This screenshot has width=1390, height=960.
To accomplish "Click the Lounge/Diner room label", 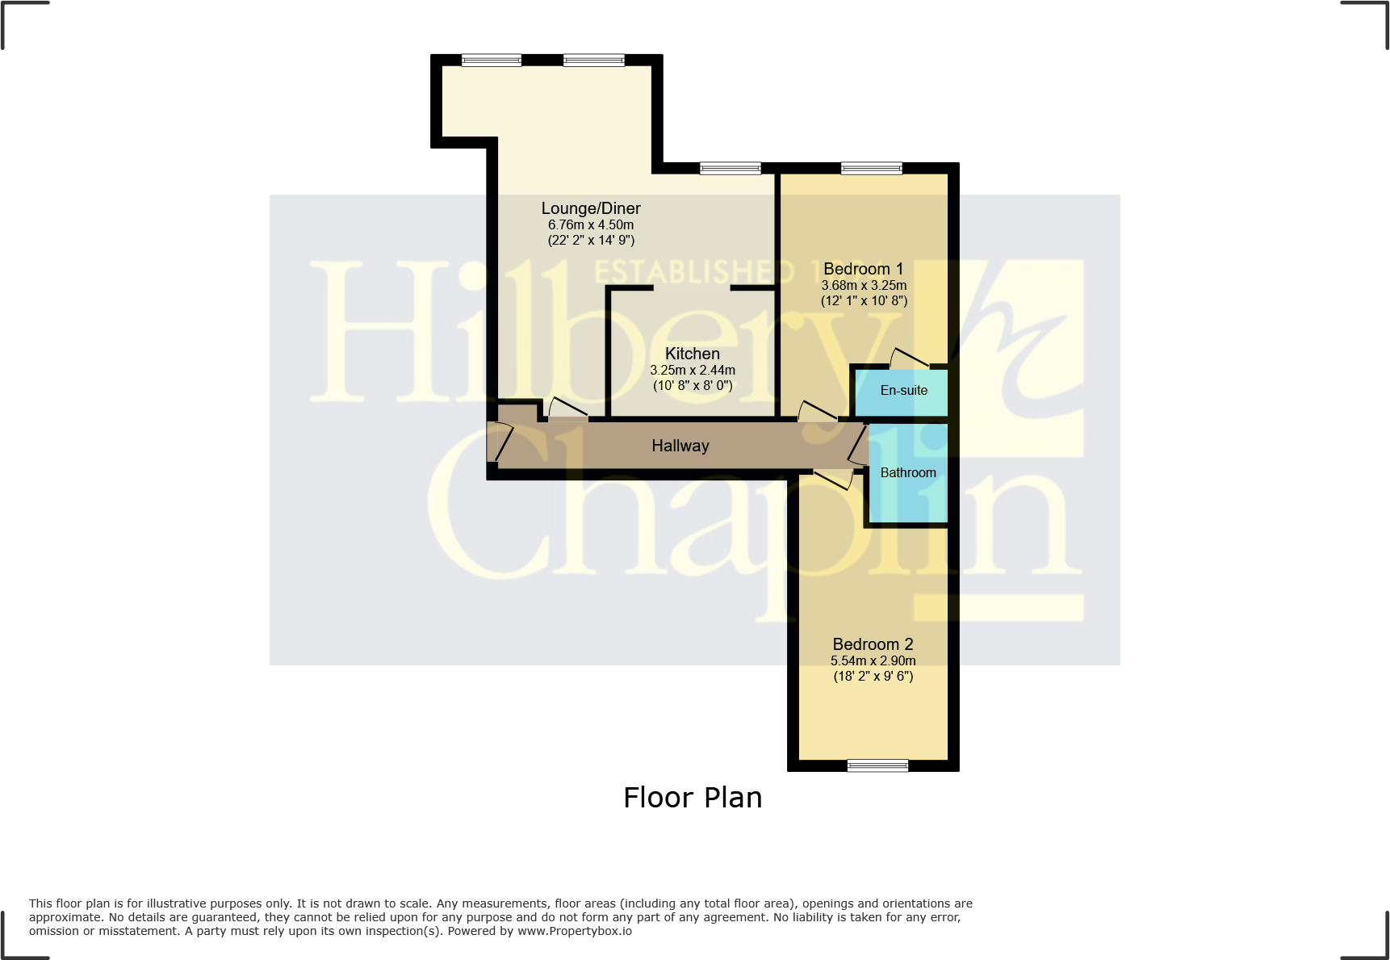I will coord(590,208).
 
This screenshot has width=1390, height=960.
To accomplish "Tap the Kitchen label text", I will coord(692,354).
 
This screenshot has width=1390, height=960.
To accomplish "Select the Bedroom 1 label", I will coord(863,269).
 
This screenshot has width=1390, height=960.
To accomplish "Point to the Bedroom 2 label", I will coord(873,644).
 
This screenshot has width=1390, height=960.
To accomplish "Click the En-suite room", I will coord(903,391).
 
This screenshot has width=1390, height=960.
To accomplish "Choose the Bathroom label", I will coord(907,473).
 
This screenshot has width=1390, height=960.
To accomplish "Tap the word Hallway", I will coord(680,446).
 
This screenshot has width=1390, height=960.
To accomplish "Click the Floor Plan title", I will coord(692,798).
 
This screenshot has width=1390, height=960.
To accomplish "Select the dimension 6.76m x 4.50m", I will coord(590,225).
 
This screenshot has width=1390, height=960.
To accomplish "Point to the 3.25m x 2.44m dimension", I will coord(692,371).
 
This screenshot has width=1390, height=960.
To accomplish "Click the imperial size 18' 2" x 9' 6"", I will coord(873,677).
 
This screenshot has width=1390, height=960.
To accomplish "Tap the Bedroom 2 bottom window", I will coord(877,765).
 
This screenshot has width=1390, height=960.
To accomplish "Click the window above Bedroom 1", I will coord(871,168).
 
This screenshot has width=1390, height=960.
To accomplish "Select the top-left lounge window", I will coord(491,60).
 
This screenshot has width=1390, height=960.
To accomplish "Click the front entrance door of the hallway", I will coord(500,442).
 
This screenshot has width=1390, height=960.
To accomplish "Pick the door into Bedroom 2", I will coord(833,480).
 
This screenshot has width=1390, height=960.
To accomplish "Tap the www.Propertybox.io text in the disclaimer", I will coord(574,931).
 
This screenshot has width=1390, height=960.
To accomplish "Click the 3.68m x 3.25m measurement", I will coord(863,286).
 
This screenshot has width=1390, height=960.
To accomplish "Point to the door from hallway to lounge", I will coord(568,409).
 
